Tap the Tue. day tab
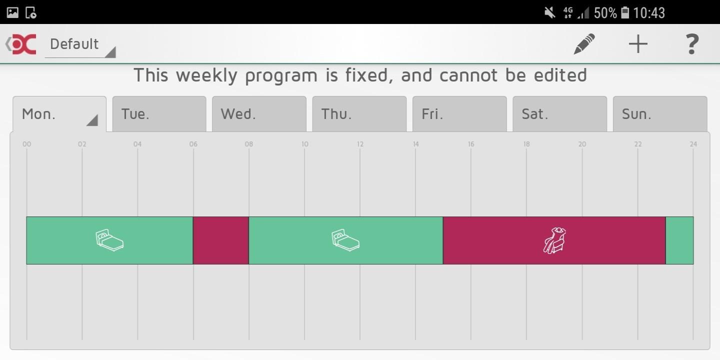159,114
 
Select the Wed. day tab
259,114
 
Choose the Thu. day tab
359,114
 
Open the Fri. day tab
459,114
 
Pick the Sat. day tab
559,114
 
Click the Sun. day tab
660,114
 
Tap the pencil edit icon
584,43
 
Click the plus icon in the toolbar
638,43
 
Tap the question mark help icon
691,44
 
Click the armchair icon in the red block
555,240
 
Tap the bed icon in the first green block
109,240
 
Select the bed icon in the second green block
345,240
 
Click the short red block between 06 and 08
221,240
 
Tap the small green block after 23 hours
679,240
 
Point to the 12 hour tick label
360,144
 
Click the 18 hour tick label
526,144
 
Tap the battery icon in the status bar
625,12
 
